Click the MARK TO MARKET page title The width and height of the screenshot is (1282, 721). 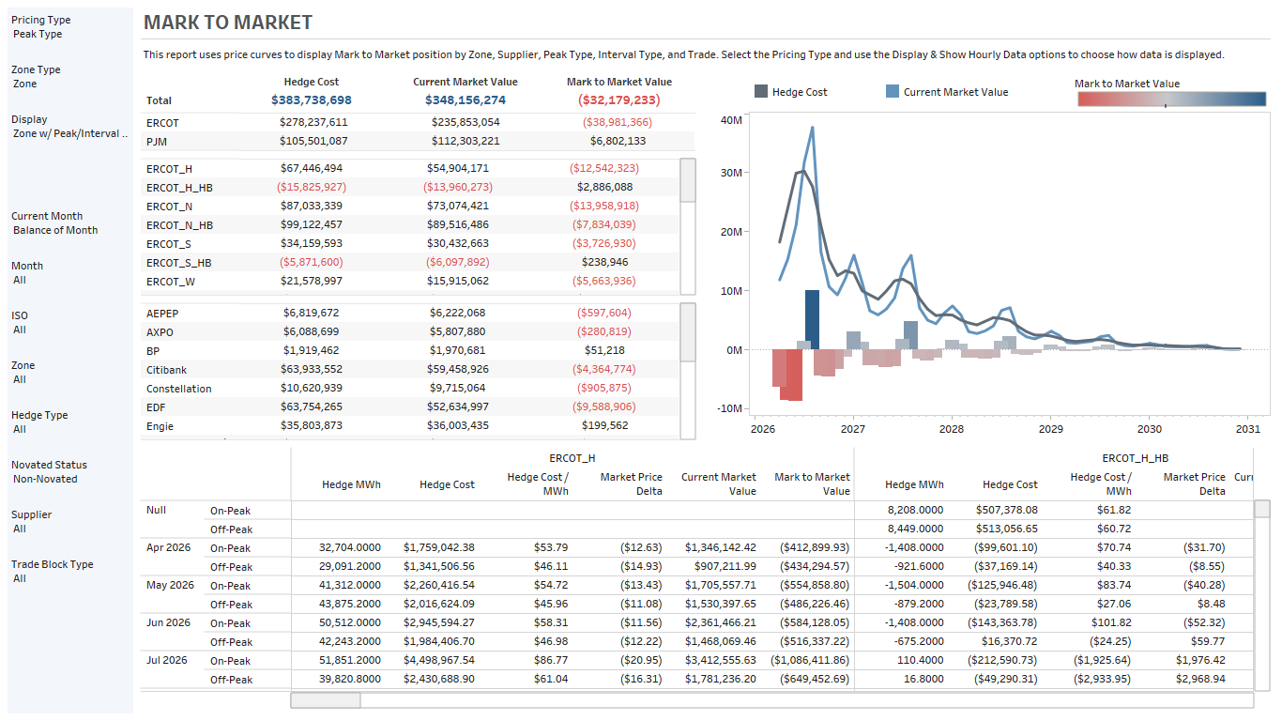click(x=228, y=23)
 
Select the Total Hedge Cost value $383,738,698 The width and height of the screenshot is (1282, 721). click(x=312, y=100)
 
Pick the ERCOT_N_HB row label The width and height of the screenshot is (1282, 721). click(x=179, y=224)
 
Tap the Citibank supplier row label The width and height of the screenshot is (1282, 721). click(x=166, y=370)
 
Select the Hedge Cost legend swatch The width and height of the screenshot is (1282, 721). click(x=760, y=92)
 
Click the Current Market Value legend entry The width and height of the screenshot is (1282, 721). click(x=954, y=92)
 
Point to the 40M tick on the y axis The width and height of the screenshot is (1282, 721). click(x=730, y=120)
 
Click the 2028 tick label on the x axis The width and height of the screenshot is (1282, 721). click(x=952, y=429)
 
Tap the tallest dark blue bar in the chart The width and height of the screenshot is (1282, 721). click(x=812, y=319)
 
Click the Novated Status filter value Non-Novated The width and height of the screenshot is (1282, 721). click(x=45, y=479)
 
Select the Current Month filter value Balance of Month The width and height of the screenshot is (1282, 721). click(x=55, y=230)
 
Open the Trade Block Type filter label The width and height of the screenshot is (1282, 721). click(x=53, y=564)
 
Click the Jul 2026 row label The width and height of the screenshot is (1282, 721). click(x=168, y=660)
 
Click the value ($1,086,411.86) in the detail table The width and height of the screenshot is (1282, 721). click(x=815, y=660)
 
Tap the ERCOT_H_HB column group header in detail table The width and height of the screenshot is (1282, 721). click(x=1135, y=458)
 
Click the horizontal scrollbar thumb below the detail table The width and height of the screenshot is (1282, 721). click(x=325, y=700)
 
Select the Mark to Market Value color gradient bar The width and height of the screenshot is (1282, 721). click(x=1171, y=100)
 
